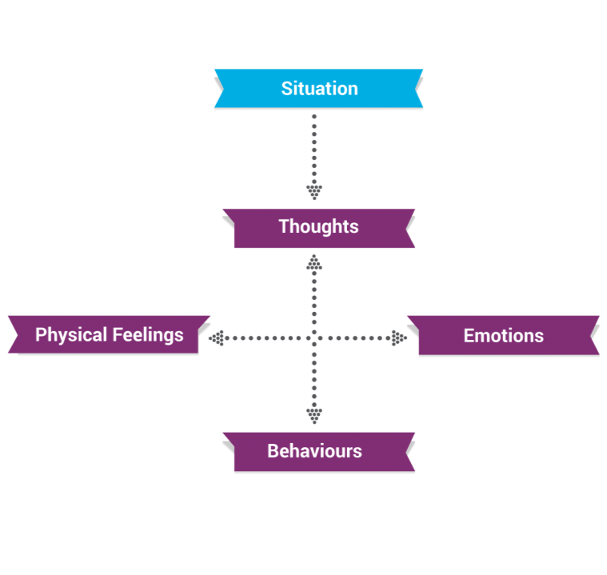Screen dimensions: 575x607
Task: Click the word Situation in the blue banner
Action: coord(319,88)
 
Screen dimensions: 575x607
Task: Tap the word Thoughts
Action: coord(318,226)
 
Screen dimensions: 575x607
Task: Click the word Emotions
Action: coord(503,336)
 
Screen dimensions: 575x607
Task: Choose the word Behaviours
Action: coord(314,451)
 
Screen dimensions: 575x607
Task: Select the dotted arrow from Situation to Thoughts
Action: coord(314,152)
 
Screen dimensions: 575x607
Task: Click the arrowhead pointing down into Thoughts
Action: coord(314,192)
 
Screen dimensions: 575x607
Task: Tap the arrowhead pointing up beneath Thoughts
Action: coord(314,262)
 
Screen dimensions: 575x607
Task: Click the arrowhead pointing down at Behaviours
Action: coord(314,414)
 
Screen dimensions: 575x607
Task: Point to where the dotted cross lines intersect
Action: coord(314,338)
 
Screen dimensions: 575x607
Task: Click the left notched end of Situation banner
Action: coord(219,88)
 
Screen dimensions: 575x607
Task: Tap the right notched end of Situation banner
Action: coord(417,88)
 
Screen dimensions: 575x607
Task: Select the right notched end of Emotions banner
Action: coord(593,335)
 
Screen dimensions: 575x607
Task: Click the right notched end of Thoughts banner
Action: coord(409,228)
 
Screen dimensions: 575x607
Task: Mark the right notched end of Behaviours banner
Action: coord(409,452)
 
